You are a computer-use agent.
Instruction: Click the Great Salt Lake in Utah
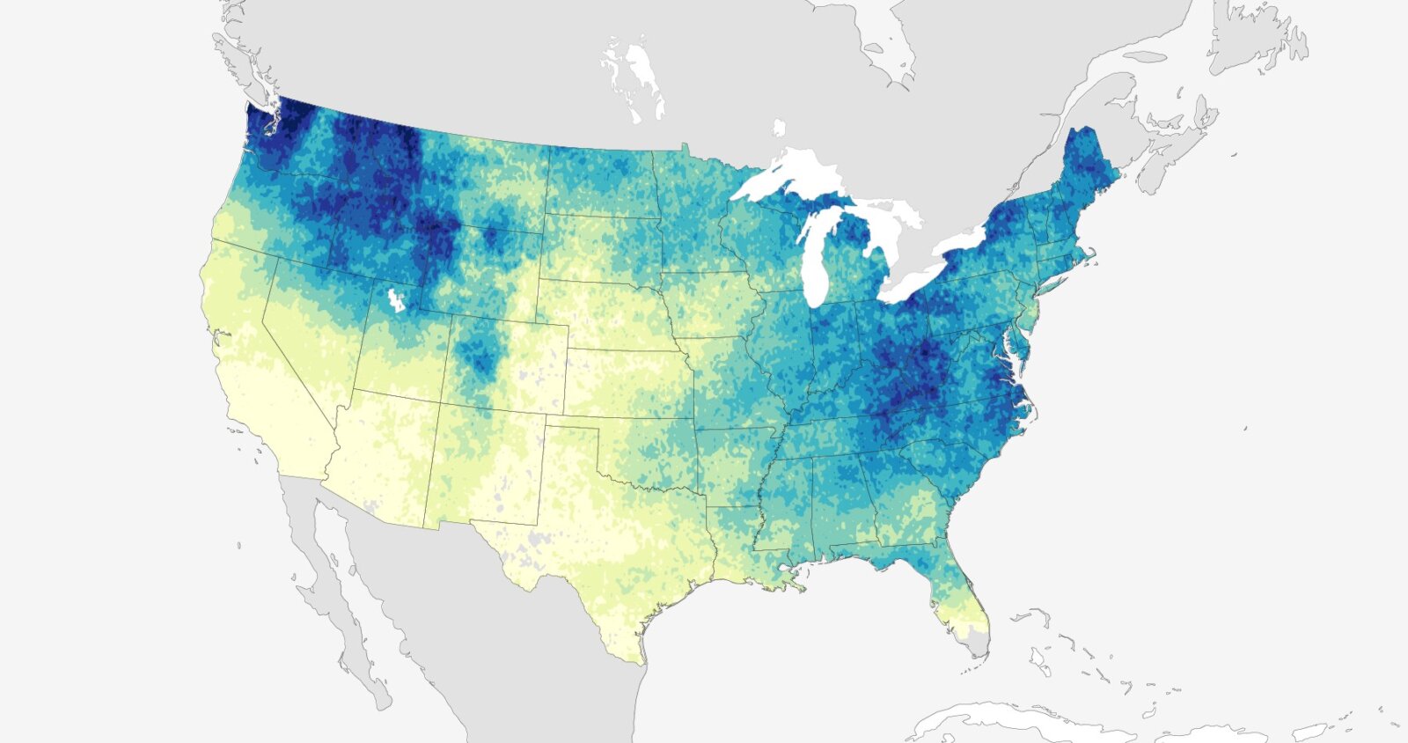pyautogui.click(x=396, y=299)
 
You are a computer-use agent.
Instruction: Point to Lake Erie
pyautogui.click(x=915, y=280)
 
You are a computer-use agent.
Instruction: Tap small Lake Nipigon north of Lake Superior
pyautogui.click(x=779, y=129)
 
